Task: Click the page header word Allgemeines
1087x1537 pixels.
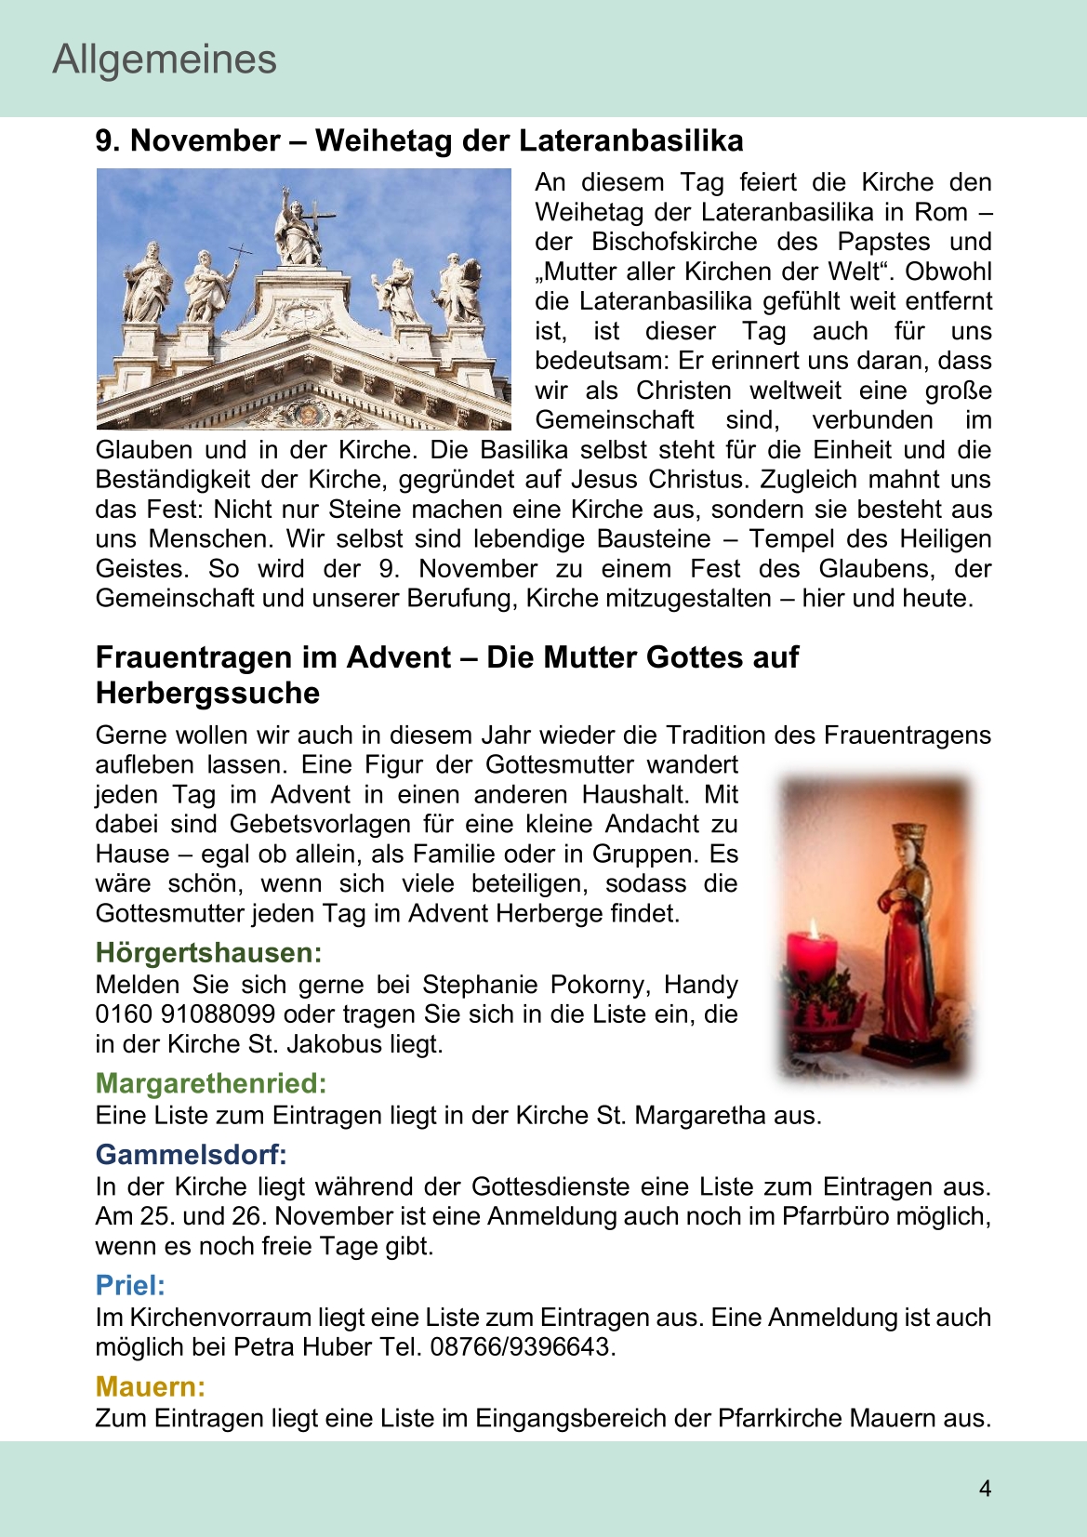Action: tap(165, 60)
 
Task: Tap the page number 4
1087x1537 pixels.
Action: tap(985, 1489)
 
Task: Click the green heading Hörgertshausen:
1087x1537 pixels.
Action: tap(208, 953)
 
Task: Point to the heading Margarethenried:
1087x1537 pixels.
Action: tap(211, 1083)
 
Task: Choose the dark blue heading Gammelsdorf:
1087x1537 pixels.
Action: tap(191, 1155)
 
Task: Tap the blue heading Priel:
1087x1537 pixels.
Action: tap(130, 1285)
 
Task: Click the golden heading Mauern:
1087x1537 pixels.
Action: tap(150, 1386)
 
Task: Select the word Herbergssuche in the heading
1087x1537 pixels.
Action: tap(207, 694)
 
